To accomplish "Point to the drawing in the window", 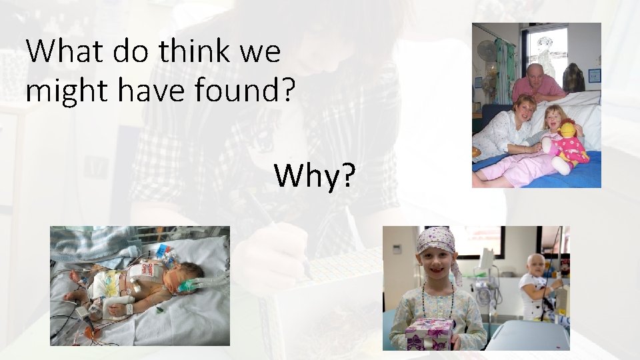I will (548, 47).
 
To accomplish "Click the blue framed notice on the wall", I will (594, 75).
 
